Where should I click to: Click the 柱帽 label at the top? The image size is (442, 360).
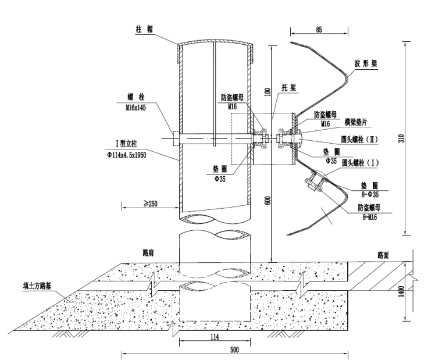point(144,29)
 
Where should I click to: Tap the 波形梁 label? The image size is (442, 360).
point(366,63)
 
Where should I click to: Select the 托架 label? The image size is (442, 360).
point(289,88)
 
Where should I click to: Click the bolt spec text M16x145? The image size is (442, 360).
point(136,108)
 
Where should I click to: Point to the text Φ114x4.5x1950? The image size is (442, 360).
point(127,155)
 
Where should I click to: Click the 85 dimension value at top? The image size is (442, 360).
point(319,30)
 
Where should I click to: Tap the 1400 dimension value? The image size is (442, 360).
point(401,291)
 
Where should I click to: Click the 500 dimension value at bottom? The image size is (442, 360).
point(234,350)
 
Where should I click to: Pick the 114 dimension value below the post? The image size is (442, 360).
point(215,337)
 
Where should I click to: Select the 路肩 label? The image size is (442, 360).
point(148,252)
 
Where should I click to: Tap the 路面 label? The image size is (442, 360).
point(383,255)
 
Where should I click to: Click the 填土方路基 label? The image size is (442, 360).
point(37,286)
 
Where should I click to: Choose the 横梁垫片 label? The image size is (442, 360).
point(356,122)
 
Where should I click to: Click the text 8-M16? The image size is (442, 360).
point(369,217)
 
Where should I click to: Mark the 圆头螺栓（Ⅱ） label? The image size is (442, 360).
point(359,139)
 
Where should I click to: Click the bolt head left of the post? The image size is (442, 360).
point(176,138)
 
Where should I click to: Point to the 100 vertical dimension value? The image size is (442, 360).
point(268,92)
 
